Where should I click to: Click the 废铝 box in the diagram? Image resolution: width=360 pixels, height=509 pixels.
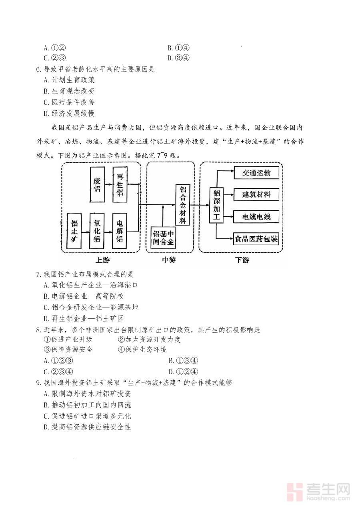[98, 184]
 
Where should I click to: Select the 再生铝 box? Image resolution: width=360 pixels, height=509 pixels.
[120, 184]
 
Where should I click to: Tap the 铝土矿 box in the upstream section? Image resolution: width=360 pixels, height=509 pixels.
[74, 231]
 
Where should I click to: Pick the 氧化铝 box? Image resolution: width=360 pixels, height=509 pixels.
[97, 231]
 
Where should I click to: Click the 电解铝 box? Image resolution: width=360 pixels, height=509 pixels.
[120, 231]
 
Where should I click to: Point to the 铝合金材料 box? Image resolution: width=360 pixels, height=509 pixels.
[182, 205]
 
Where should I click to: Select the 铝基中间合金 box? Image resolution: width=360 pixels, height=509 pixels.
[163, 238]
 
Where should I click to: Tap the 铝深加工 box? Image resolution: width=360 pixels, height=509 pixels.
[216, 205]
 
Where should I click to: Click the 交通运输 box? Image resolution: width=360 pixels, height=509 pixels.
[256, 173]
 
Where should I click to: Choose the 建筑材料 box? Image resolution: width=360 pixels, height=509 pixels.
[256, 194]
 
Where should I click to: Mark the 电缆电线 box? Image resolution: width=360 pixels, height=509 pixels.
[256, 217]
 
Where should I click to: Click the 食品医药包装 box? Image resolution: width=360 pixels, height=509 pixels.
[256, 239]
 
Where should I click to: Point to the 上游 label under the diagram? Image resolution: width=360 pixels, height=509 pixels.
[103, 260]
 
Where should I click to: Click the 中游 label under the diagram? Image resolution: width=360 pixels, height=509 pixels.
[169, 260]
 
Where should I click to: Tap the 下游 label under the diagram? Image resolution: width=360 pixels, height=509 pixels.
[242, 260]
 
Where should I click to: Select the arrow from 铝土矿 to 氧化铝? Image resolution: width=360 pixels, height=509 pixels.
[86, 232]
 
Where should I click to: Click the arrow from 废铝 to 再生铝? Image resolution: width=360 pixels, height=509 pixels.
[109, 184]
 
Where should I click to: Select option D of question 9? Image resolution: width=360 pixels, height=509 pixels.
[88, 427]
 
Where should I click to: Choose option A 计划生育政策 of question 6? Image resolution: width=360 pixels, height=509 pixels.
[69, 80]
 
